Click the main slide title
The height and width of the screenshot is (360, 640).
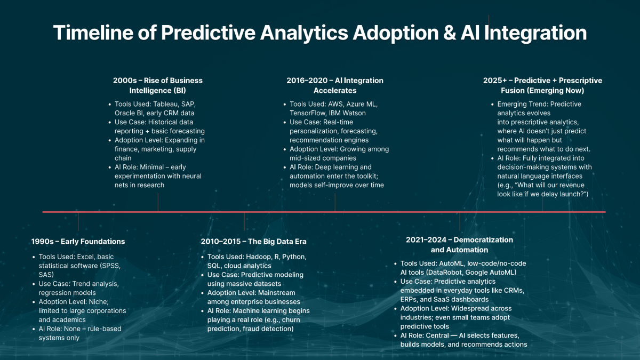pos(320,33)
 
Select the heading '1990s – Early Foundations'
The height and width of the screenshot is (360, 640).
pos(78,242)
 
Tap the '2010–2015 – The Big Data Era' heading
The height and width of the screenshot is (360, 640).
pos(253,242)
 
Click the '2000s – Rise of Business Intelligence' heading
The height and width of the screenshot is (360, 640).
pos(158,85)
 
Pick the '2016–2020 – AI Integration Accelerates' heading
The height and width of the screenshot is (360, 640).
pos(335,85)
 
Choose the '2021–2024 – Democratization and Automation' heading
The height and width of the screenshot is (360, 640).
pos(459,245)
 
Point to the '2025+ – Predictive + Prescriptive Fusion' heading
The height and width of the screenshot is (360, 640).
pos(542,85)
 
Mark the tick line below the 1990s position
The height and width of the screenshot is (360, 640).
pos(78,221)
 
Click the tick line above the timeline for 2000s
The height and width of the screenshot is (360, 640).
pos(158,203)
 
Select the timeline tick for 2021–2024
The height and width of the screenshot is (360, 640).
pos(460,221)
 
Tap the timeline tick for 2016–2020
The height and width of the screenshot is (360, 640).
pos(335,203)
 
